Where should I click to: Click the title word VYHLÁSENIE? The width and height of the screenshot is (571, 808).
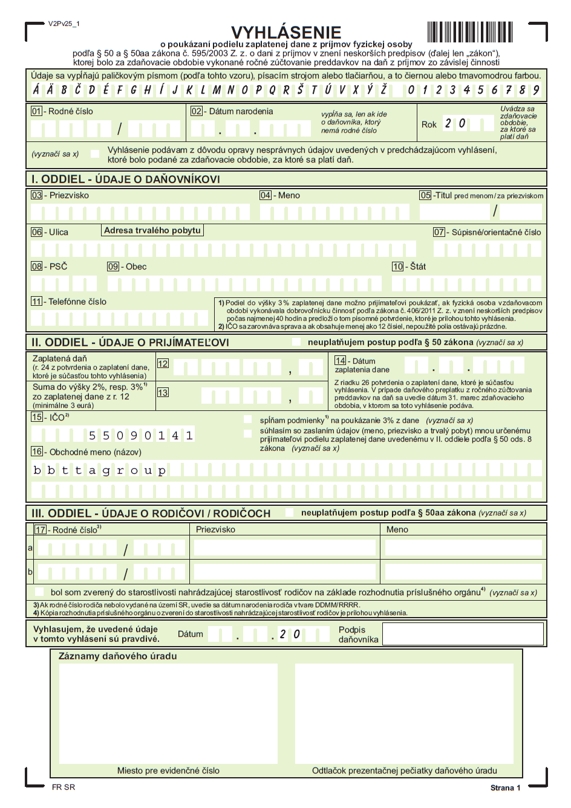click(286, 32)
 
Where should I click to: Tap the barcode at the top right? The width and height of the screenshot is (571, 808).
click(470, 31)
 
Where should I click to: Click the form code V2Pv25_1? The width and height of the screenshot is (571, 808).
click(64, 24)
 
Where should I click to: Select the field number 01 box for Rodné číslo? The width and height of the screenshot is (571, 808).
click(37, 111)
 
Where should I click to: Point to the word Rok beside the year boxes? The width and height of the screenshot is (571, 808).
click(429, 124)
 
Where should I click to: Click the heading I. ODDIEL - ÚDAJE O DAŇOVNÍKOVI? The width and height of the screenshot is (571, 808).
click(126, 179)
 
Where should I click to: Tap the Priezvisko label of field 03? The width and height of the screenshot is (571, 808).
click(69, 195)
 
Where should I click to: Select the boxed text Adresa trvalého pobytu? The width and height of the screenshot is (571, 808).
click(152, 230)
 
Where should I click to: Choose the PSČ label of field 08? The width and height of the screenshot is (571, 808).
click(58, 267)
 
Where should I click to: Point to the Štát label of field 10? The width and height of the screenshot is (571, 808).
click(418, 267)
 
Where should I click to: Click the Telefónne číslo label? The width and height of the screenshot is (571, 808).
click(77, 302)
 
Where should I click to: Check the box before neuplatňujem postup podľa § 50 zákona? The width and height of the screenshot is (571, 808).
click(296, 342)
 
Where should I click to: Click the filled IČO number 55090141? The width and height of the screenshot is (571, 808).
click(140, 435)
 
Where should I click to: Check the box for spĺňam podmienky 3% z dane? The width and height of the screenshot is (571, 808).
click(248, 419)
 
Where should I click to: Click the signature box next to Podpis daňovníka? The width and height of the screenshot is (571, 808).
click(463, 634)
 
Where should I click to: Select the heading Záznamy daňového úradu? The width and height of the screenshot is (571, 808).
click(118, 656)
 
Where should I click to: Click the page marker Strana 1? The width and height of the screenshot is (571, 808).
click(505, 787)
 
